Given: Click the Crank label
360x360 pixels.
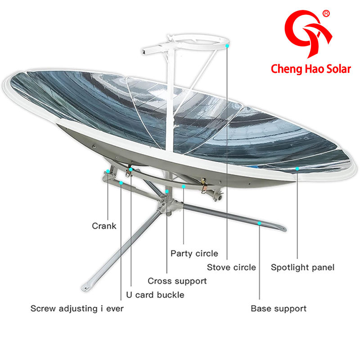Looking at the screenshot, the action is click(x=104, y=226).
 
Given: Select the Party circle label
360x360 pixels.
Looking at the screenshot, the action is click(x=194, y=253).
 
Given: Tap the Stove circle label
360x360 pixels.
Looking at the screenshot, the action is click(x=231, y=267).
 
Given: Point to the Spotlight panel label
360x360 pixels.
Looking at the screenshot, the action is click(x=302, y=267).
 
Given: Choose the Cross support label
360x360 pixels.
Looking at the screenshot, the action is click(x=177, y=281).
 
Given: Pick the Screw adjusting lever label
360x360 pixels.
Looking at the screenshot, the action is click(x=77, y=309).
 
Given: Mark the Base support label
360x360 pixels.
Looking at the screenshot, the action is click(x=279, y=309).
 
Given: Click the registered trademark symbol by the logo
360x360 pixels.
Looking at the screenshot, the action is click(x=326, y=14).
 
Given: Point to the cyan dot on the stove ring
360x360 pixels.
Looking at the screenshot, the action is click(x=228, y=45).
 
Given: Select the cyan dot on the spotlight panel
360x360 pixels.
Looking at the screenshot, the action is click(x=297, y=169).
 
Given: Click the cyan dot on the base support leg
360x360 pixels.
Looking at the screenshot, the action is click(x=259, y=222).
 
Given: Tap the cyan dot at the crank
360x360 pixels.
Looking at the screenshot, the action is click(x=108, y=171).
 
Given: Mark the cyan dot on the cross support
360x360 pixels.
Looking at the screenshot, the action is click(x=167, y=192).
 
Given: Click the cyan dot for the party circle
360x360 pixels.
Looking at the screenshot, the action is click(x=184, y=185).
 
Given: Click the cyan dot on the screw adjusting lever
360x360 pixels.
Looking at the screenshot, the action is click(x=121, y=183).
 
